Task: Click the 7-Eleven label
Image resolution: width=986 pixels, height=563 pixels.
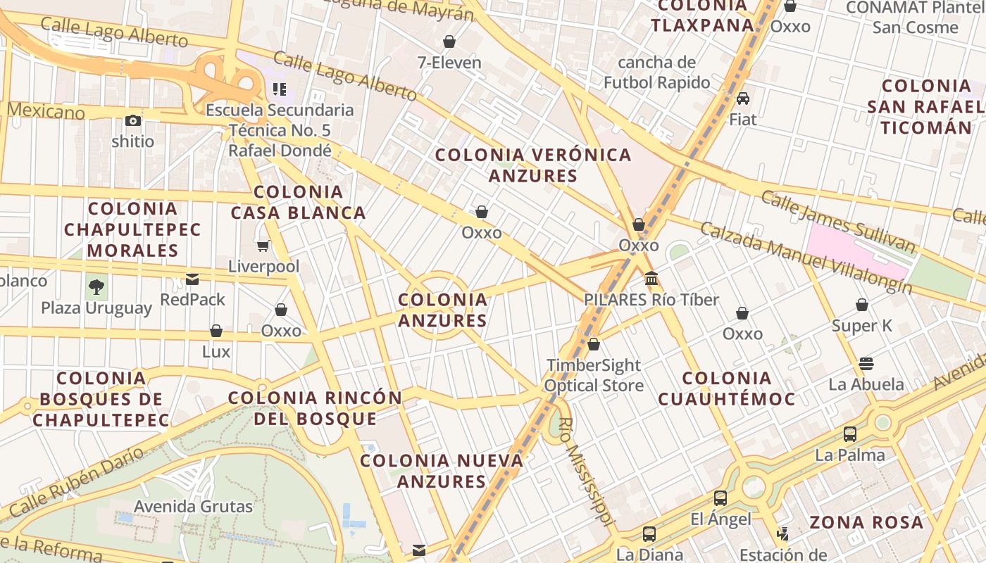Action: click(449, 63)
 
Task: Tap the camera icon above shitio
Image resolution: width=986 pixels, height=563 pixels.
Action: click(132, 120)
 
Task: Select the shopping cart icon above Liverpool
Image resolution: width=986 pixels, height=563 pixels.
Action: click(263, 246)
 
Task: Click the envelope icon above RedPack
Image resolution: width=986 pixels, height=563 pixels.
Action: click(192, 279)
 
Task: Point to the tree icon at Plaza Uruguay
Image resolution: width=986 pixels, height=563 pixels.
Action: click(96, 286)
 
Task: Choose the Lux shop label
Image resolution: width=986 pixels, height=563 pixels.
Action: click(216, 351)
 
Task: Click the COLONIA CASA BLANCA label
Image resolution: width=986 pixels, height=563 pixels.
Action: click(298, 202)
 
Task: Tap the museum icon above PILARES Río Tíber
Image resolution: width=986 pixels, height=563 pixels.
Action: click(651, 279)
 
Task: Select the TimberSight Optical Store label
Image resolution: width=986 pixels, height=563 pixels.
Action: click(594, 375)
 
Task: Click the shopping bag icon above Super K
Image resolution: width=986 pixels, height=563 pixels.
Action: click(862, 305)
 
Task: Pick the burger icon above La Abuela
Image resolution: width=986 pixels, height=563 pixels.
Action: click(866, 363)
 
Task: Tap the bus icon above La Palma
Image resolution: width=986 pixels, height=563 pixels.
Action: click(850, 434)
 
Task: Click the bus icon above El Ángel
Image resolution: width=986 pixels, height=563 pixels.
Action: click(720, 498)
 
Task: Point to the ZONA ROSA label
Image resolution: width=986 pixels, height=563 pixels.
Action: click(866, 522)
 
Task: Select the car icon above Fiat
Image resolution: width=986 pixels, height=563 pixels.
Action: click(742, 99)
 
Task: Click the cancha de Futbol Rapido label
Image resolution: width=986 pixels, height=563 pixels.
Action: click(656, 72)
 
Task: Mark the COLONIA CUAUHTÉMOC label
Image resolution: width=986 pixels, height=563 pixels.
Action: click(727, 388)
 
